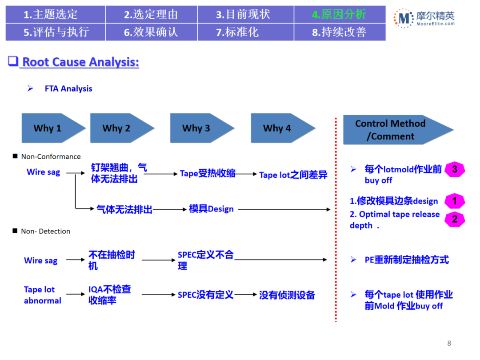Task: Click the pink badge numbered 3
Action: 454,169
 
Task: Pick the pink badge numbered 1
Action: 454,201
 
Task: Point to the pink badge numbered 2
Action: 454,219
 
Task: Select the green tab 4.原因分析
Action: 339,14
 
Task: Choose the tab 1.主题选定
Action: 51,14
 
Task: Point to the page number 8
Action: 449,343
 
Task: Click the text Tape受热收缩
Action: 208,174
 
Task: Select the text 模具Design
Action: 211,209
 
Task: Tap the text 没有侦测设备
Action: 287,295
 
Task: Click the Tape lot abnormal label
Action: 42,295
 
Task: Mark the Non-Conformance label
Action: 51,156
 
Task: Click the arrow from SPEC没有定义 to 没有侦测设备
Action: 246,295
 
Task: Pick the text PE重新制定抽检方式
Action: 407,260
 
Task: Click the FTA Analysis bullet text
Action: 68,88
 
